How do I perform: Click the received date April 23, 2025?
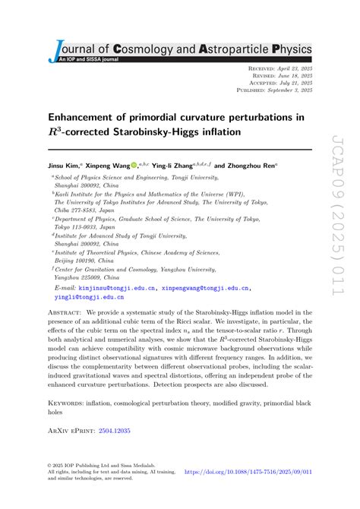[x=292, y=69]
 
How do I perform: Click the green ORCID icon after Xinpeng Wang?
[x=134, y=165]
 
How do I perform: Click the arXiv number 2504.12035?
[x=115, y=430]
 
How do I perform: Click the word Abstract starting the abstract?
[x=64, y=312]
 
